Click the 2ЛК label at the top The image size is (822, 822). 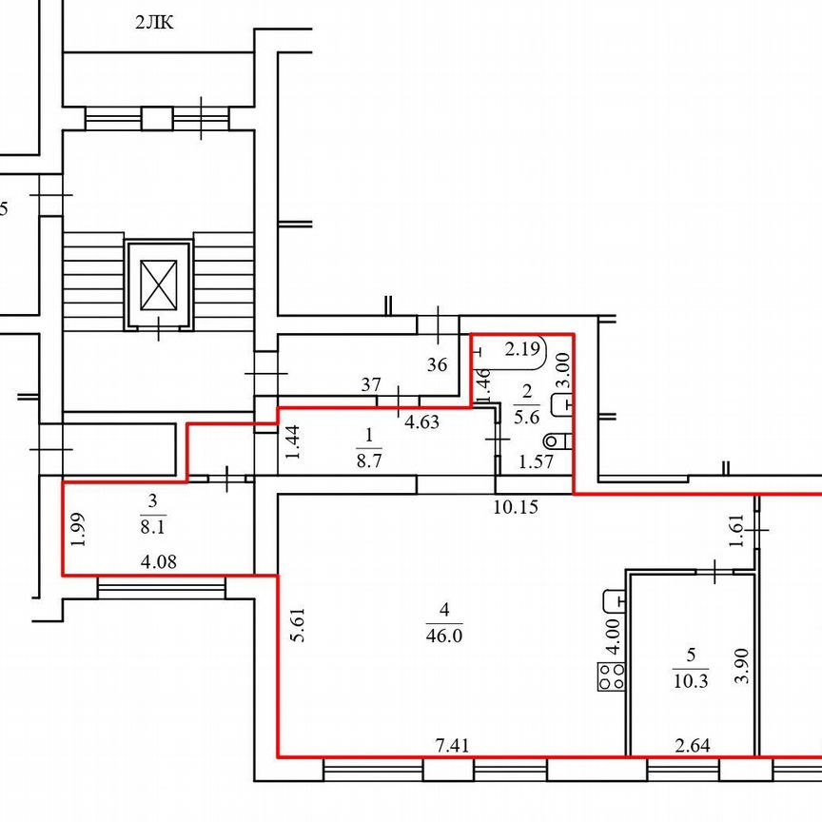click(154, 24)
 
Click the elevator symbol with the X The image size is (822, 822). click(159, 284)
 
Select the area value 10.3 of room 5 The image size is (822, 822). click(692, 682)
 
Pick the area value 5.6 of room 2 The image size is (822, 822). click(526, 416)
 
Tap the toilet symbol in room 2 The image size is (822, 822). click(558, 441)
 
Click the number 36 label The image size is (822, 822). click(438, 363)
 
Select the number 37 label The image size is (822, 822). click(372, 384)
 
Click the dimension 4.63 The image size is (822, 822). click(421, 421)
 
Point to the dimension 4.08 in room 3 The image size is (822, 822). click(158, 563)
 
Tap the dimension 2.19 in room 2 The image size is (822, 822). click(521, 348)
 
